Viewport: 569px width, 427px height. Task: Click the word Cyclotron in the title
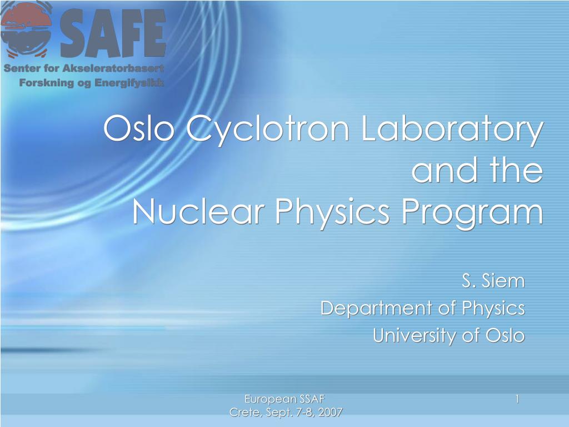click(x=267, y=130)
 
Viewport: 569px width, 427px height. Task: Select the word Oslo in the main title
click(x=138, y=128)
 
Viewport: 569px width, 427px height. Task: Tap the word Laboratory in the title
click(x=452, y=130)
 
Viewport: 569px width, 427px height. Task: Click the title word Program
click(x=472, y=214)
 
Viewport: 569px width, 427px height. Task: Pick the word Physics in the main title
click(x=332, y=214)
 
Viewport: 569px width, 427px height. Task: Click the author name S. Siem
click(x=493, y=281)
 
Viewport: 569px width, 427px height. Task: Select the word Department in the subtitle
click(x=377, y=308)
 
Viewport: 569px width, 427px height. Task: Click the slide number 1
click(x=517, y=399)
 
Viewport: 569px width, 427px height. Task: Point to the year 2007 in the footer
click(x=330, y=412)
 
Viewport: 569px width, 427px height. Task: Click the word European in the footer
click(x=266, y=399)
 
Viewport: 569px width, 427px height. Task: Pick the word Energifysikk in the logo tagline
click(x=129, y=83)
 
